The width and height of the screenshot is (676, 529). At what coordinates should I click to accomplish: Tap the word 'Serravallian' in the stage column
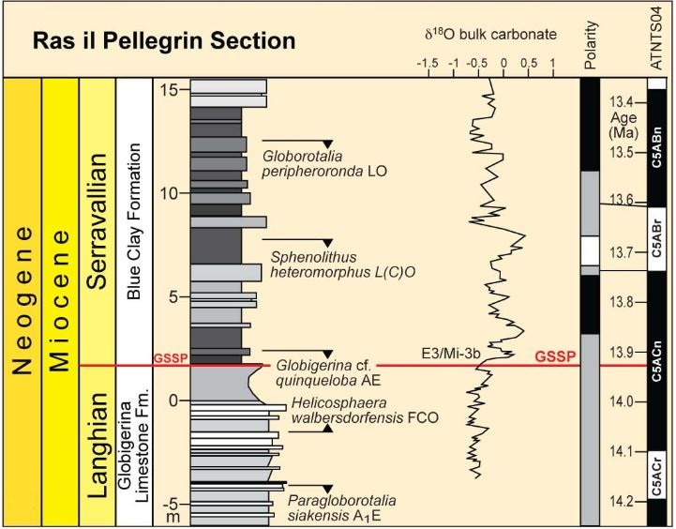click(x=98, y=221)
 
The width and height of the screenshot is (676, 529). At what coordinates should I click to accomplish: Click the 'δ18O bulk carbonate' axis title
click(x=490, y=35)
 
